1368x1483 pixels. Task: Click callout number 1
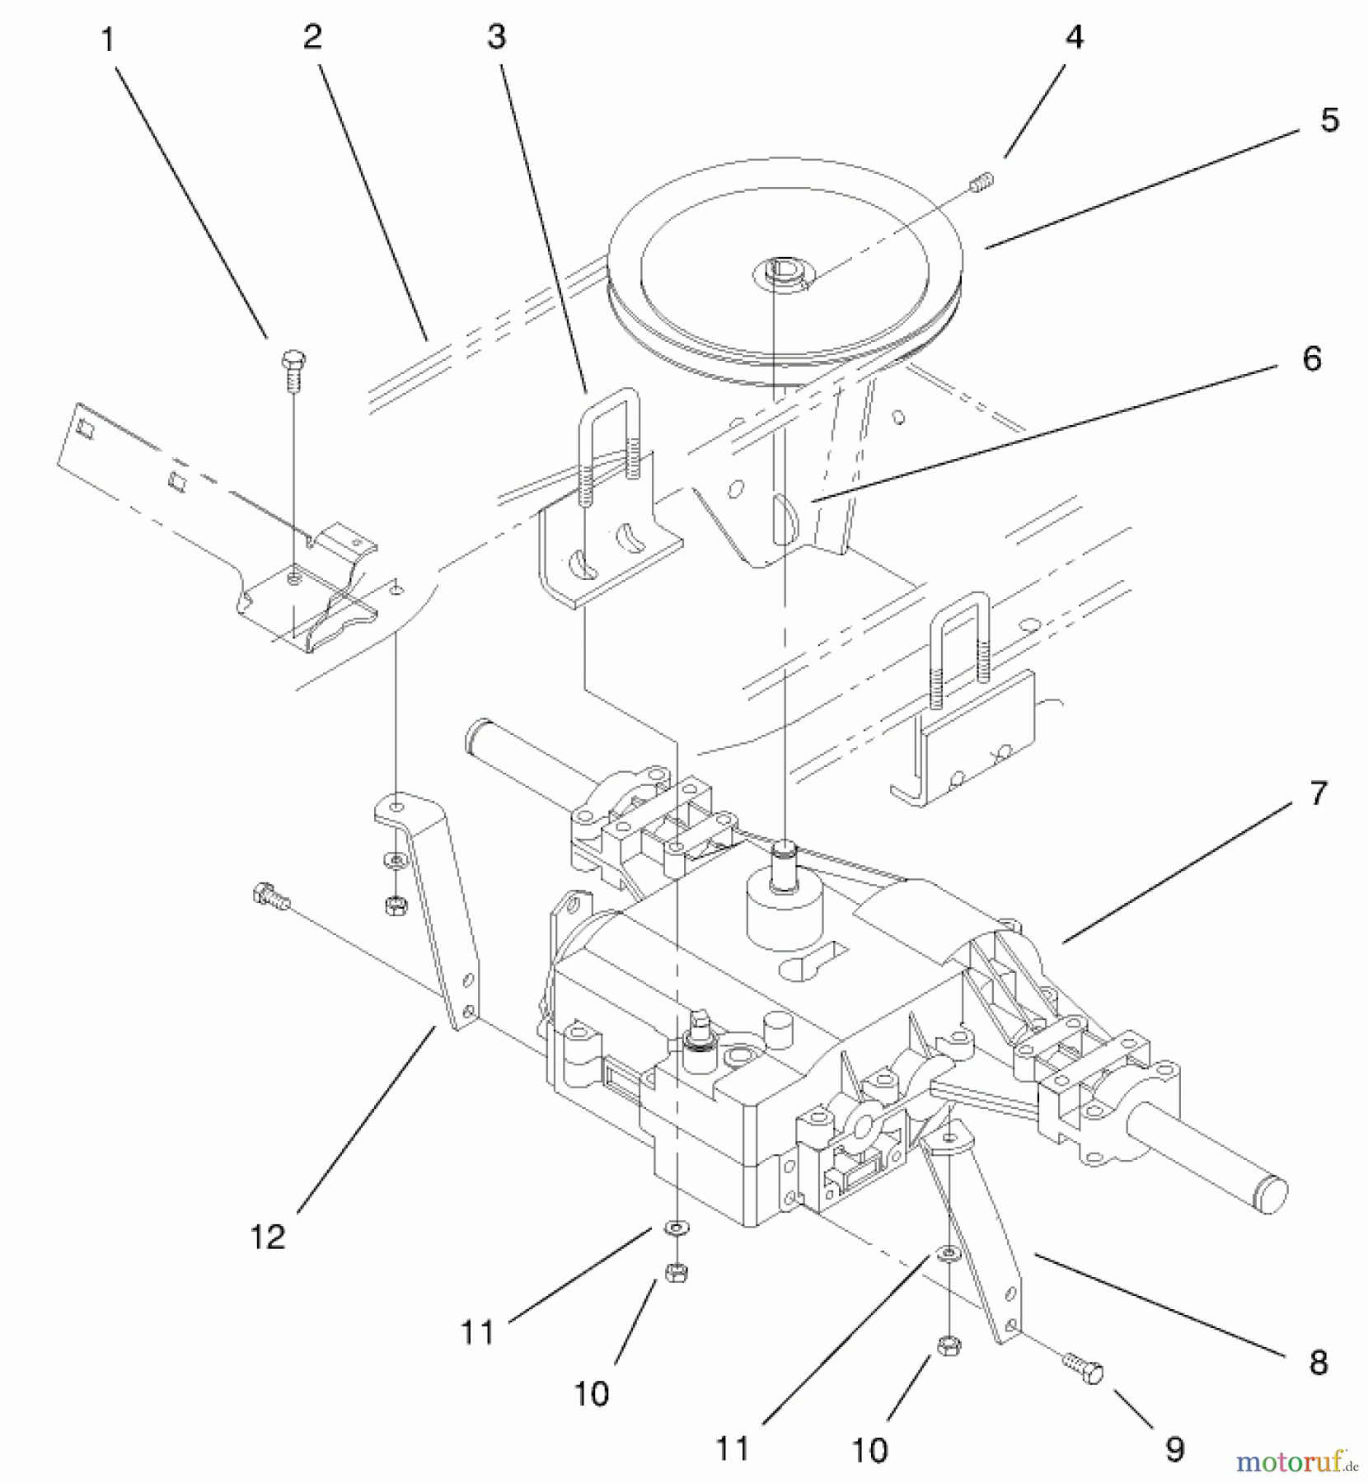107,40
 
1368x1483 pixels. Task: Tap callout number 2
312,37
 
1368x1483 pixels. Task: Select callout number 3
496,37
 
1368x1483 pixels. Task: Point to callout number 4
1075,37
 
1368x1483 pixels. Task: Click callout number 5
1329,120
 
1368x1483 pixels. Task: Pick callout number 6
1311,359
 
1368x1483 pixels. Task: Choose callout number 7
1319,793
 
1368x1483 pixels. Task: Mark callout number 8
1319,1364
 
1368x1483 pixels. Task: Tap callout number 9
1174,1448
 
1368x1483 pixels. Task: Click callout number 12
268,1237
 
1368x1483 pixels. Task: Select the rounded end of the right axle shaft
1270,1194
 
